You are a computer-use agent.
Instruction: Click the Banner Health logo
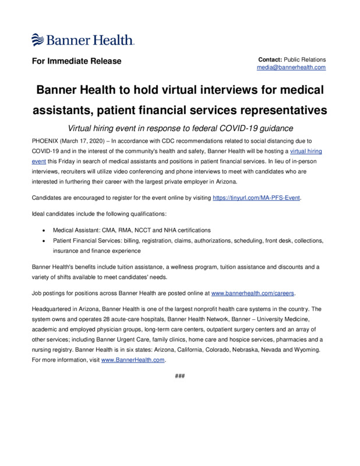pyautogui.click(x=83, y=40)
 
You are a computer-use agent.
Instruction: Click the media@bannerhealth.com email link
pyautogui.click(x=291, y=68)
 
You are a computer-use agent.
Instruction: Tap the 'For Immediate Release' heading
pyautogui.click(x=76, y=61)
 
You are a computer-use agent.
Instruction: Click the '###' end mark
pyautogui.click(x=180, y=376)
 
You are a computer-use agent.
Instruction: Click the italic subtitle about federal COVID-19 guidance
pyautogui.click(x=180, y=128)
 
